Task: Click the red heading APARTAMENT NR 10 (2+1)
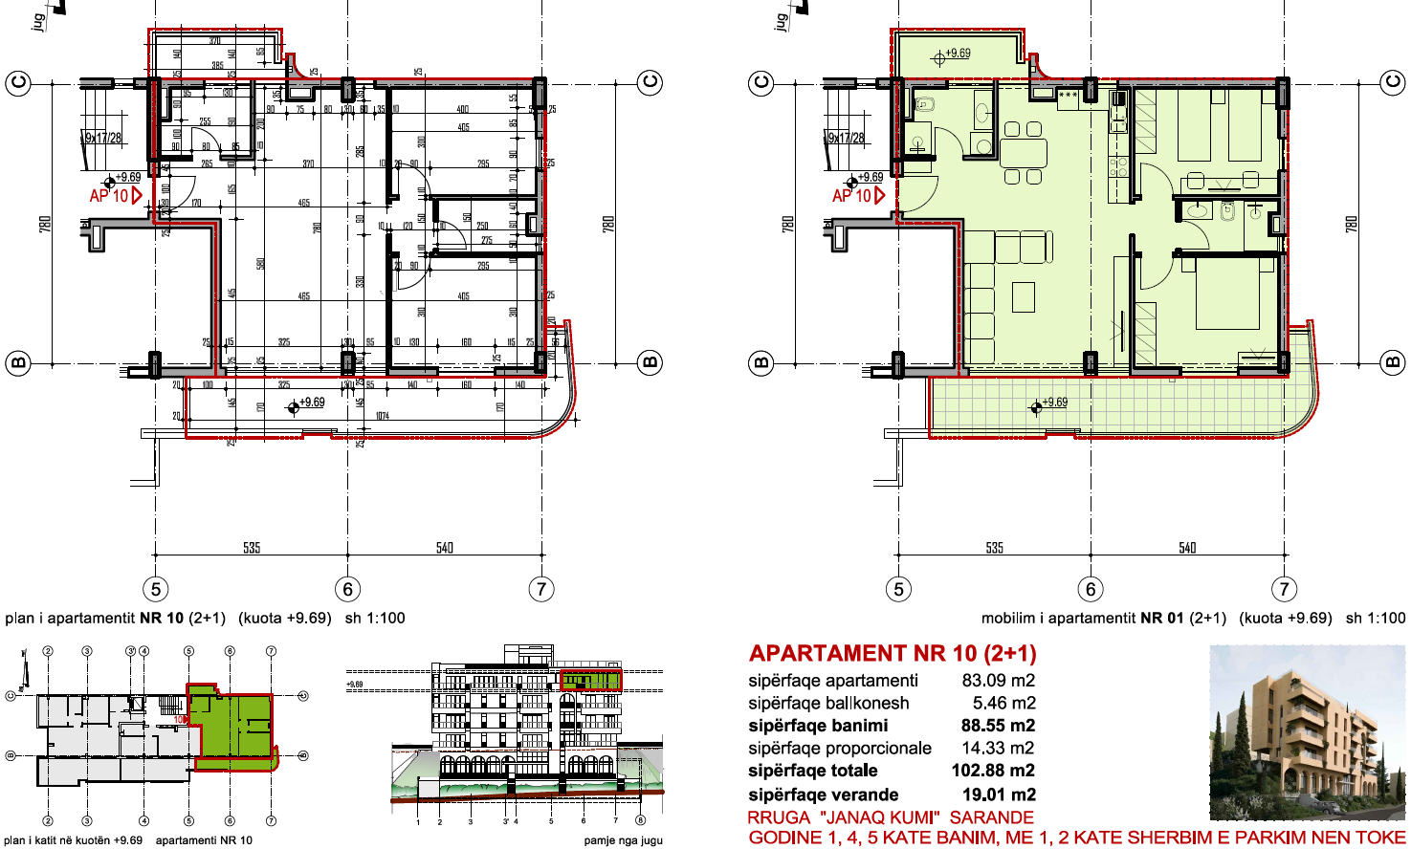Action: (x=893, y=654)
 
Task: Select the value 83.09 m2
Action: (x=998, y=681)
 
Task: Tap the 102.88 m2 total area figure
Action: (x=992, y=771)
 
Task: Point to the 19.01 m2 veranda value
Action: (x=998, y=795)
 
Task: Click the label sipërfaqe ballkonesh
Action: (x=828, y=703)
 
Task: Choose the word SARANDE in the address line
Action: (x=991, y=817)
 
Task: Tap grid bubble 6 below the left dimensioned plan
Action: (x=348, y=589)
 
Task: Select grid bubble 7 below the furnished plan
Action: (x=1284, y=589)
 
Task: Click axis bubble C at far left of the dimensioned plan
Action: (x=18, y=83)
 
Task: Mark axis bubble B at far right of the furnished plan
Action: (x=1392, y=362)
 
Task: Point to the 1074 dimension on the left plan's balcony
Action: (x=383, y=416)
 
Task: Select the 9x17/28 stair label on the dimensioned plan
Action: (x=103, y=138)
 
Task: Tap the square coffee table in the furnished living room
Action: (x=1024, y=297)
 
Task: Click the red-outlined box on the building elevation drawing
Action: (x=590, y=681)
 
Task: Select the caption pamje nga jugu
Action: (x=623, y=840)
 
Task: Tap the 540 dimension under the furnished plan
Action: (x=1187, y=548)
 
